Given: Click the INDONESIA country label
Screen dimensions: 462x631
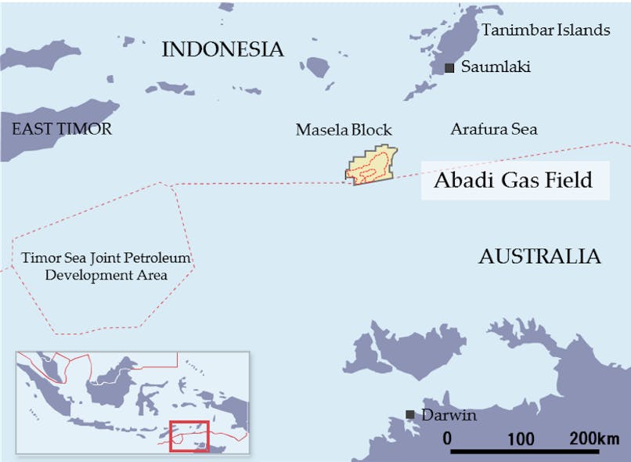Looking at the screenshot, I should point(222,50).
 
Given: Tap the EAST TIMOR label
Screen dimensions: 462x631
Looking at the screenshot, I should point(62,128).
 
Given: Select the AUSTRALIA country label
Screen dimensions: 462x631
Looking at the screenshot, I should point(539,256).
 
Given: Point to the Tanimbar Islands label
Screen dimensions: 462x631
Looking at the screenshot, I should point(546,31).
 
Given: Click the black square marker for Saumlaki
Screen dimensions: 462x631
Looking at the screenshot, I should point(449,68).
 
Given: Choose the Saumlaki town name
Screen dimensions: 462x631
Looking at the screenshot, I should point(496,67).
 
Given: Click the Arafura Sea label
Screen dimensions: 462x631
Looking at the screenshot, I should point(494,129).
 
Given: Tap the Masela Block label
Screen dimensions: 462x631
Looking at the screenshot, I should point(344,130).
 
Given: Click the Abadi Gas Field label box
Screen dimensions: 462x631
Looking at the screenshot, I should point(515,181).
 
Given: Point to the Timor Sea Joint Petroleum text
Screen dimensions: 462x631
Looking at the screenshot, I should point(106,258).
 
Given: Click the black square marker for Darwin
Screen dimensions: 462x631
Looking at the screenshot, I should point(409,414).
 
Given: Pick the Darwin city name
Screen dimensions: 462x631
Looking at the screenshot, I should point(449,415).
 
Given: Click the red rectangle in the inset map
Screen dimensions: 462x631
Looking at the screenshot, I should point(189,436).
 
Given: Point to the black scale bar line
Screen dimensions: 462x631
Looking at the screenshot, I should point(525,452).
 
